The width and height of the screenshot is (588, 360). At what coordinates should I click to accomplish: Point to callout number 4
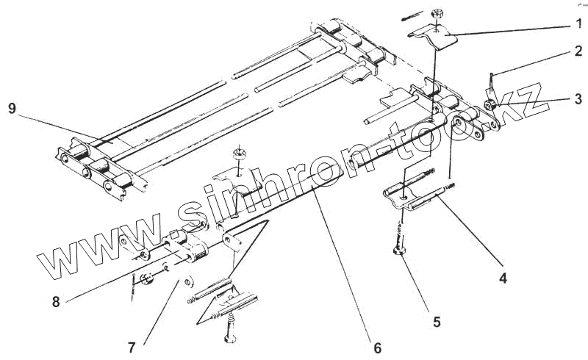(x=502, y=278)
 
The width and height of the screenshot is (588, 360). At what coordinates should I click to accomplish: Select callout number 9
(x=12, y=108)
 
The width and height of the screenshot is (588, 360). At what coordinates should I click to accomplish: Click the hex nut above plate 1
(x=436, y=13)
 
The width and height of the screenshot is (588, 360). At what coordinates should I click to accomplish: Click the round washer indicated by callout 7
(x=188, y=281)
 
